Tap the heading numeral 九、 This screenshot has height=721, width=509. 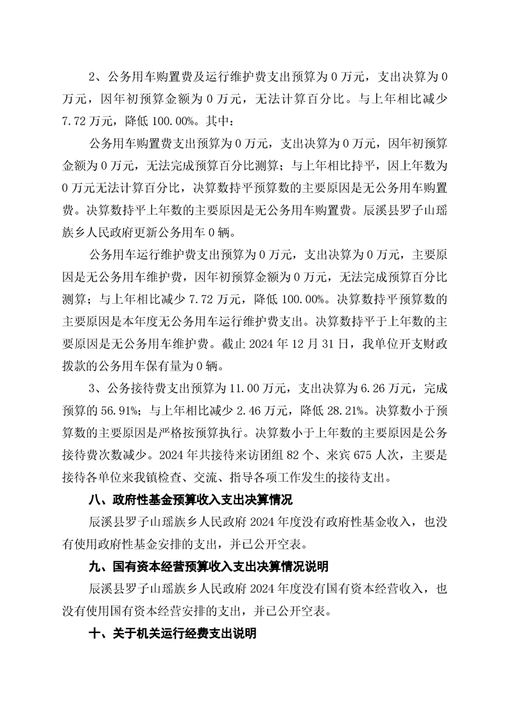(x=99, y=567)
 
